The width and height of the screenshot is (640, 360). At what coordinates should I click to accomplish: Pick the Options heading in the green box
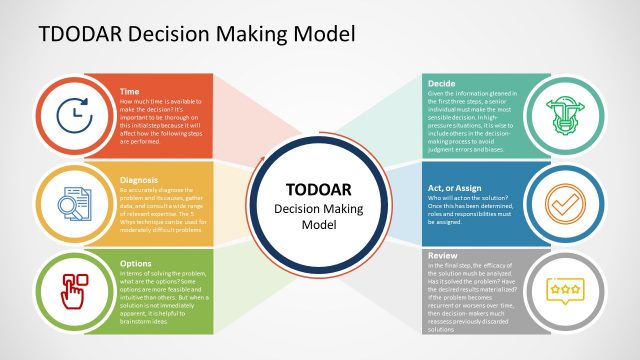pyautogui.click(x=135, y=264)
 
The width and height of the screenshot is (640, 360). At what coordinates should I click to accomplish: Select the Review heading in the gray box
pyautogui.click(x=443, y=255)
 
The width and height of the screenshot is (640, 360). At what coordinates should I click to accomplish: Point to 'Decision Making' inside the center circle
pyautogui.click(x=311, y=209)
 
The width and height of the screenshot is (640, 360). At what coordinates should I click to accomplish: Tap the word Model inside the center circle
pyautogui.click(x=311, y=226)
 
